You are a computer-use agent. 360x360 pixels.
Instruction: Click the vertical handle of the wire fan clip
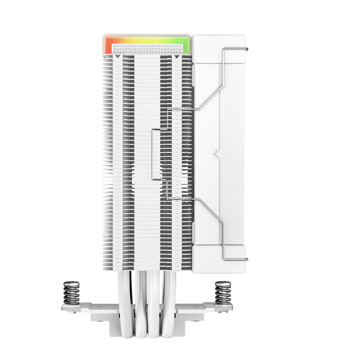point(152,154)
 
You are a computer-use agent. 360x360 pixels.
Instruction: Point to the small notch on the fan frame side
point(217,153)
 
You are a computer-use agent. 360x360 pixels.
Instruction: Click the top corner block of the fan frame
point(219,46)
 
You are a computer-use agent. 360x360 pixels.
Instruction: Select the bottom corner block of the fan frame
point(219,262)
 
